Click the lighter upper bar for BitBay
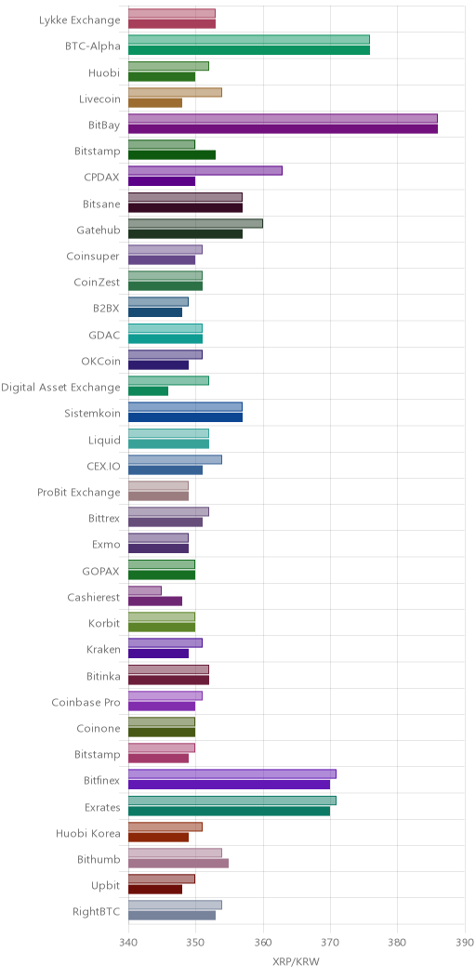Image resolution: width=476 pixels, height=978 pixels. click(x=283, y=118)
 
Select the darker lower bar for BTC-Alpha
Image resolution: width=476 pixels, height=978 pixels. click(x=249, y=50)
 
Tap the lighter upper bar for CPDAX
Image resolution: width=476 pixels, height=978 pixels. click(x=205, y=171)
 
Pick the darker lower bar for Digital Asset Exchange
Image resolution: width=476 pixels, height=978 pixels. click(x=149, y=391)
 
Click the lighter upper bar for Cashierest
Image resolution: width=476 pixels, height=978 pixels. click(x=145, y=590)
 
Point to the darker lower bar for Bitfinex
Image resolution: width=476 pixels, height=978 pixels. click(x=229, y=784)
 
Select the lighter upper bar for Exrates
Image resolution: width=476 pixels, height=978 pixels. click(x=232, y=800)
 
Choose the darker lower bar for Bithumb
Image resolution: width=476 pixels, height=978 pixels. click(x=178, y=864)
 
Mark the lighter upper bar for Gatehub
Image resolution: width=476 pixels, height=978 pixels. click(x=195, y=223)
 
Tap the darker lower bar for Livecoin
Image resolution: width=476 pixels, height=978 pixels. click(x=155, y=103)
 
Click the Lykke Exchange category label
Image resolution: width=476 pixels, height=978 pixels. click(x=79, y=20)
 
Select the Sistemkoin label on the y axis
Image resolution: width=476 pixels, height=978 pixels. click(x=92, y=413)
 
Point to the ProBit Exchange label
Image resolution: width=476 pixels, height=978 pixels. click(x=79, y=492)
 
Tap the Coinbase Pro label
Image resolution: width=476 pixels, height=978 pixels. click(x=86, y=702)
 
